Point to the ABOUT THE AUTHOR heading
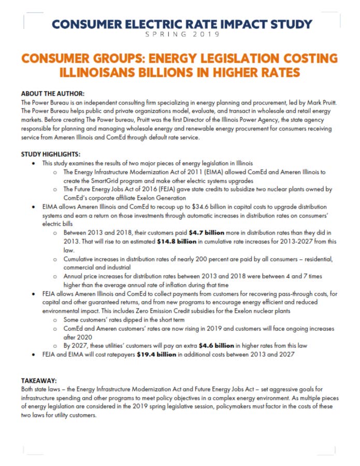pyautogui.click(x=52, y=93)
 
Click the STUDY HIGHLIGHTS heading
pyautogui.click(x=51, y=155)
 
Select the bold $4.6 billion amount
pyautogui.click(x=213, y=344)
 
